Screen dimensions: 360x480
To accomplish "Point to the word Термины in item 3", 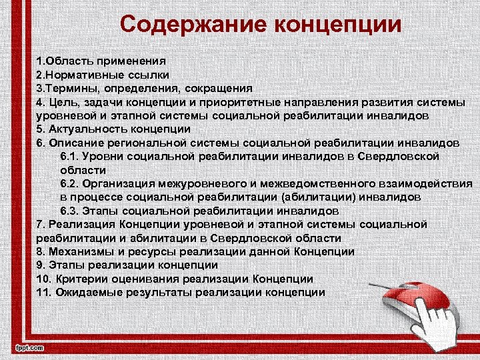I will (69, 88).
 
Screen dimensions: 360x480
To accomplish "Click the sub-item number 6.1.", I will (69, 155).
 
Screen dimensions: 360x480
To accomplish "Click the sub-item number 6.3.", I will (69, 211).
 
